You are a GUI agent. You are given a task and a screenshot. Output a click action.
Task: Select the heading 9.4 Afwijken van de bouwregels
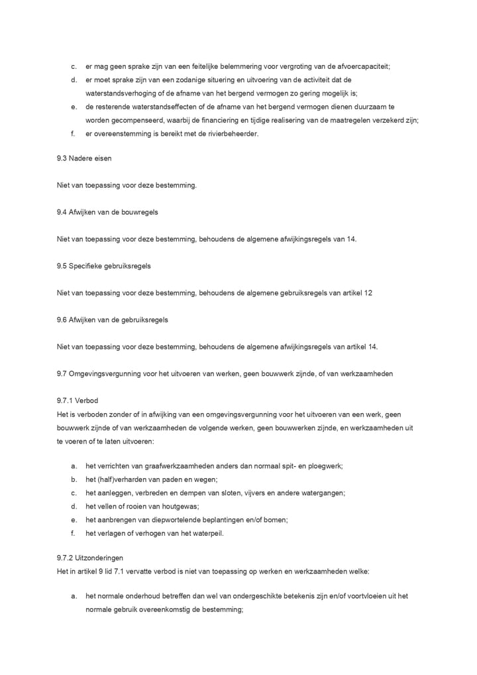(x=107, y=212)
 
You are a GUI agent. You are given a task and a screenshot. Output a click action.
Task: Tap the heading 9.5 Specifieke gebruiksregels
(x=104, y=266)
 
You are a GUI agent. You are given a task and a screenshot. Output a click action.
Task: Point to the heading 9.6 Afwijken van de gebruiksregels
(x=113, y=320)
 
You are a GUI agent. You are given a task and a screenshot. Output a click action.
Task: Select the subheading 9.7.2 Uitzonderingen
(x=90, y=558)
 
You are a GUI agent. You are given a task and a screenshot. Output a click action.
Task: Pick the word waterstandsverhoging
(x=122, y=93)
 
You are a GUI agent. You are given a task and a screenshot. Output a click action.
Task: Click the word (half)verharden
(x=117, y=479)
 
